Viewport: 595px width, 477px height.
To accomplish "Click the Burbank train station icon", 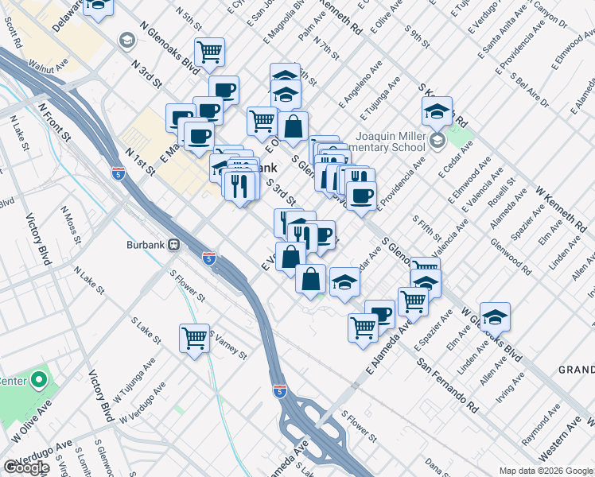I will [x=173, y=245].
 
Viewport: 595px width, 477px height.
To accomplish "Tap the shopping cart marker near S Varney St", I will [x=194, y=339].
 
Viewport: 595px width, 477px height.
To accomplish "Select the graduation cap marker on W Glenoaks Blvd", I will [x=495, y=318].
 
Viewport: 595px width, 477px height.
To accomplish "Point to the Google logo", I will [x=26, y=467].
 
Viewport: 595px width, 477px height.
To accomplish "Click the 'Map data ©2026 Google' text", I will [x=546, y=470].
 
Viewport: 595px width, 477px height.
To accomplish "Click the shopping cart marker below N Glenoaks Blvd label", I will [x=209, y=52].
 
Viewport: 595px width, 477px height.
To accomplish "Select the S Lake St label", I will [x=148, y=333].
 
